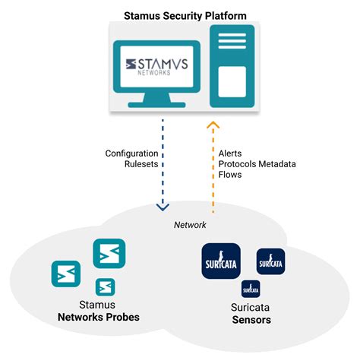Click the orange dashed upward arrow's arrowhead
213,125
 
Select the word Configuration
131,154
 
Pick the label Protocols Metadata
256,164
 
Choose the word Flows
229,175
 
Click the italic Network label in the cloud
191,226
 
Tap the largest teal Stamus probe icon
109,254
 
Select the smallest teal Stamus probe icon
106,286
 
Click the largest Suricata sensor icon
221,262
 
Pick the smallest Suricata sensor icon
251,289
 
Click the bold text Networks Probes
99,317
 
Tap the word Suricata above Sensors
251,308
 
